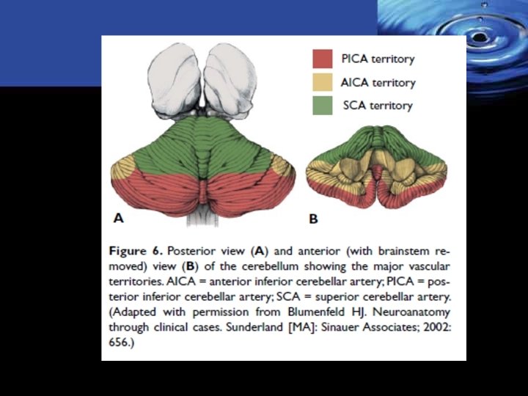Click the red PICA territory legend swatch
pos(322,59)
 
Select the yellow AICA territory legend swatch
pos(322,82)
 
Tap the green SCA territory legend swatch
pos(322,105)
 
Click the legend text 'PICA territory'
pos(378,59)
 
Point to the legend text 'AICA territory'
pos(378,82)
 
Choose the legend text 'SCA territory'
pos(378,105)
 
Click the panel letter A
pos(118,217)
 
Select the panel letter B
pos(313,218)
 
